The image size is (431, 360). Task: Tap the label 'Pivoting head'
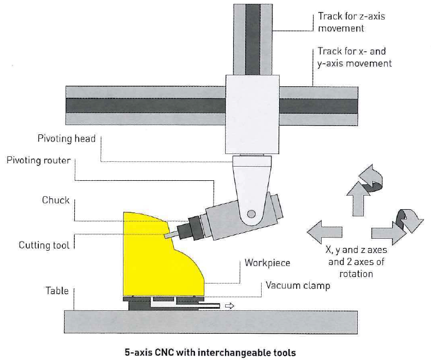(67, 139)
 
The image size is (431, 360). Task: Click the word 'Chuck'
(56, 200)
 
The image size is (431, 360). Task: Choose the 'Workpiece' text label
(267, 263)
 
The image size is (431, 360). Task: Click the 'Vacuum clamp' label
(298, 285)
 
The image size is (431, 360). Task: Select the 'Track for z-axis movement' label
(351, 22)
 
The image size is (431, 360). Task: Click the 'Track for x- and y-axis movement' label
(355, 57)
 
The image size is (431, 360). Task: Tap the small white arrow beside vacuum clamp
(229, 306)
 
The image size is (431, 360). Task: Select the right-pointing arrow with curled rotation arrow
(402, 228)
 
